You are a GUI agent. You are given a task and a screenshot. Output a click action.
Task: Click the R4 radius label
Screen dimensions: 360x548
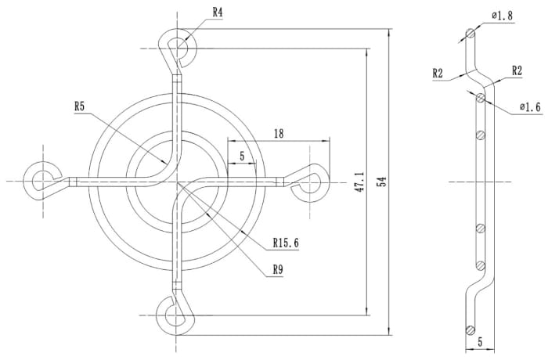[218, 13]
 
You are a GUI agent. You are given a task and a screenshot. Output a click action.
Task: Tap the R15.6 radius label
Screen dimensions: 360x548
[287, 242]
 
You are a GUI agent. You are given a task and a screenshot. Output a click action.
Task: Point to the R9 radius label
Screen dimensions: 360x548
[278, 269]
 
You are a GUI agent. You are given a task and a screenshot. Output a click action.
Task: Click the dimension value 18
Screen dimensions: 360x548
[278, 134]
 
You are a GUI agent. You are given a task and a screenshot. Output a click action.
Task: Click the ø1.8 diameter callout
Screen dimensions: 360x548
[503, 15]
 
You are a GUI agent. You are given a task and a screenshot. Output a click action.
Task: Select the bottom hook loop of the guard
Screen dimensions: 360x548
[174, 314]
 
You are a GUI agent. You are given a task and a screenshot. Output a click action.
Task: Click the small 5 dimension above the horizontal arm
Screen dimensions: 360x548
[243, 157]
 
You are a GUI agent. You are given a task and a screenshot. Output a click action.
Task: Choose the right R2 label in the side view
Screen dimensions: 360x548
[517, 70]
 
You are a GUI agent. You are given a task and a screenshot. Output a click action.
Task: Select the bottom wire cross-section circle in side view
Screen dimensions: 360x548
[469, 329]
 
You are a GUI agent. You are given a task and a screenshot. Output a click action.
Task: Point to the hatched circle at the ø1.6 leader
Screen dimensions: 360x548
[479, 97]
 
